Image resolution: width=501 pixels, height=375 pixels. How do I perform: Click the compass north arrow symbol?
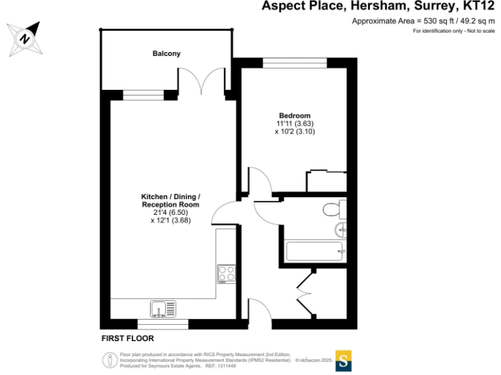(24, 39)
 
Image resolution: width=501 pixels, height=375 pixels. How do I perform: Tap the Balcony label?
(166, 53)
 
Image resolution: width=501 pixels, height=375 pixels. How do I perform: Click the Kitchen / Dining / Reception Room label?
(170, 201)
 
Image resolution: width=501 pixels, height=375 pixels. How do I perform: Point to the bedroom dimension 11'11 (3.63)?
(296, 123)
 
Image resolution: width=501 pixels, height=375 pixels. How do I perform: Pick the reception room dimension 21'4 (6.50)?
(170, 212)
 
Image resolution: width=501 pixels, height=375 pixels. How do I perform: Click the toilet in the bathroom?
(335, 209)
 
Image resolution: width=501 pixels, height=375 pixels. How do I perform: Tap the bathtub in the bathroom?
(315, 251)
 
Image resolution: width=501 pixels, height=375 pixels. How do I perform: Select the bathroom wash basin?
(341, 229)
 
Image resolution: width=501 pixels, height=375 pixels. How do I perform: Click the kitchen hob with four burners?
(226, 273)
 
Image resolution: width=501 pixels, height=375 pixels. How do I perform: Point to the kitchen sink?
(162, 307)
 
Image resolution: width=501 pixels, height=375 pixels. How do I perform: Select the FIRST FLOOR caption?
(127, 339)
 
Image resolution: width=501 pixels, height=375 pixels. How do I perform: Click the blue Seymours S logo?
(344, 360)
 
